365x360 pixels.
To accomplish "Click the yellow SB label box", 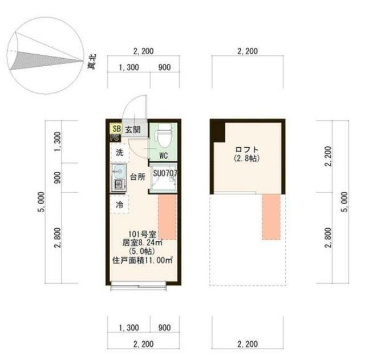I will coord(116,128).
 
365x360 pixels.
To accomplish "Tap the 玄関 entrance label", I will coord(132,129).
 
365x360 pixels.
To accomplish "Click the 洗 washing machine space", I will coord(120,152).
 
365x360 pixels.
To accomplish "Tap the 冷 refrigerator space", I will coord(120,204).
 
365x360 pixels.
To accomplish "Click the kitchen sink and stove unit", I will coord(119,177).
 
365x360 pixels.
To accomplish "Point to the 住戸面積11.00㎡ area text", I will coord(143,260).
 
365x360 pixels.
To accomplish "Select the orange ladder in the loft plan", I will coord(273,217).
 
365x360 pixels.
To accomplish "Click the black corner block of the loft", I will coord(218,132).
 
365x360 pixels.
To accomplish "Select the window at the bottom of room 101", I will coord(143,284).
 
